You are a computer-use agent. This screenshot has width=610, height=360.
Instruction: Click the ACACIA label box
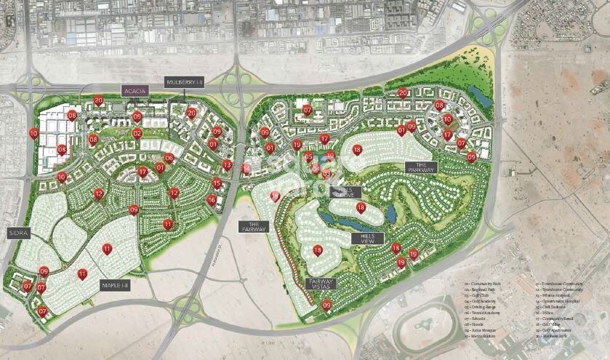tap(135, 91)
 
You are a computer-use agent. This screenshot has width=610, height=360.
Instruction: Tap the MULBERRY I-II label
tap(185, 83)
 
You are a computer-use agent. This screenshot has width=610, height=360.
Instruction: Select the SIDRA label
tap(17, 233)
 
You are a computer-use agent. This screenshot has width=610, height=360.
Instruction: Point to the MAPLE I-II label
tap(115, 285)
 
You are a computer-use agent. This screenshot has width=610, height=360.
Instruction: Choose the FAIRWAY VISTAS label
tap(321, 286)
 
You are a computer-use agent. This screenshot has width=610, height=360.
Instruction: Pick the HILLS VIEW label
tap(367, 239)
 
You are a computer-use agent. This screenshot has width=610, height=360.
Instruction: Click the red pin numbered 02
tap(137, 132)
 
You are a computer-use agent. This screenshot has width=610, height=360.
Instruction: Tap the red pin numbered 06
tap(169, 157)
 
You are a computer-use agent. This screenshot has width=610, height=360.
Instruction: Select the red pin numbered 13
tap(228, 164)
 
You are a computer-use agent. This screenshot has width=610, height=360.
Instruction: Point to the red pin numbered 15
tap(217, 183)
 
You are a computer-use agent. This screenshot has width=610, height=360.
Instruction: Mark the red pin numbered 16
tap(212, 199)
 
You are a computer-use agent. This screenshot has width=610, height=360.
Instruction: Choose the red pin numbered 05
tap(309, 156)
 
